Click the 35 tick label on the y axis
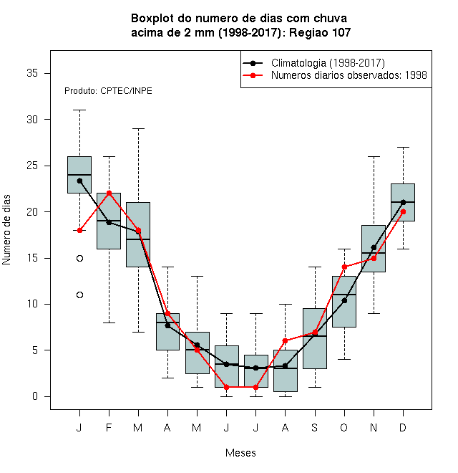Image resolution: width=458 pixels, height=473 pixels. click(x=32, y=73)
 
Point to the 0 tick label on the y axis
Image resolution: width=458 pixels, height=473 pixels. click(x=35, y=396)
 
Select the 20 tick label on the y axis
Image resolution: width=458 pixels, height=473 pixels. click(x=32, y=211)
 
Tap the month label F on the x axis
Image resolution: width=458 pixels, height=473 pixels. click(x=109, y=427)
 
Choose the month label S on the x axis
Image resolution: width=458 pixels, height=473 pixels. click(x=315, y=427)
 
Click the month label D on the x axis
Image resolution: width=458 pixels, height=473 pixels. click(x=403, y=427)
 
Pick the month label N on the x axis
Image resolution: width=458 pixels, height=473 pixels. click(x=374, y=427)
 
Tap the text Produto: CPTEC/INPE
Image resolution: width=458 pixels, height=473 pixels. click(x=108, y=91)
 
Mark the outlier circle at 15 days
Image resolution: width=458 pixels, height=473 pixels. click(x=80, y=258)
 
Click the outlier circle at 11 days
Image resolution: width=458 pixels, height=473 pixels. click(x=80, y=295)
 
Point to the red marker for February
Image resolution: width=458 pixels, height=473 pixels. click(x=109, y=193)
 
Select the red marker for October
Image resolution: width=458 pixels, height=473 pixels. click(x=344, y=267)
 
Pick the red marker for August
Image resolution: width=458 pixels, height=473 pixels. click(x=285, y=341)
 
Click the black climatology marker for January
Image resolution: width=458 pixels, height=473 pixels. click(x=80, y=181)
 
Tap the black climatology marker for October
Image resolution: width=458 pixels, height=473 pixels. click(x=344, y=300)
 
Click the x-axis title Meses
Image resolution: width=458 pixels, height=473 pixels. click(x=240, y=453)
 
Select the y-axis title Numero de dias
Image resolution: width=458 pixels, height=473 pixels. click(x=6, y=230)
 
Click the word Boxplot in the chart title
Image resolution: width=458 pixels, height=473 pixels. click(x=152, y=19)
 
